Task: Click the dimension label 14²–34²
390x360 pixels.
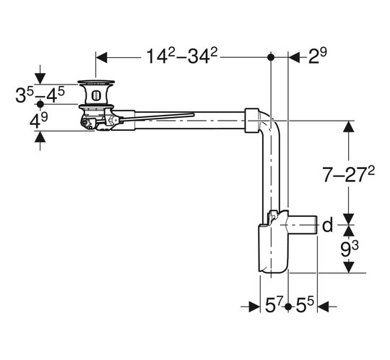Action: point(181,56)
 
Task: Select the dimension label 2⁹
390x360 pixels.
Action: point(318,56)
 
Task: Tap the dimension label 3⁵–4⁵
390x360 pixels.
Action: point(40,95)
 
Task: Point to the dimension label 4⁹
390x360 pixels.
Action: point(38,121)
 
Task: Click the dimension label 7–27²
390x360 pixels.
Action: point(349,173)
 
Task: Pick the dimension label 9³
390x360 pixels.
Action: point(350,249)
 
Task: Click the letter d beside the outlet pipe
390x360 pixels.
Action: point(327,225)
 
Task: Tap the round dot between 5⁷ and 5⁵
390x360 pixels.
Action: point(288,307)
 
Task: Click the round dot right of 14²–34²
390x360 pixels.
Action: point(271,57)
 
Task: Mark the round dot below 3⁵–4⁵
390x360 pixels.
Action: point(40,104)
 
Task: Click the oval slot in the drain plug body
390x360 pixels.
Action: point(96,95)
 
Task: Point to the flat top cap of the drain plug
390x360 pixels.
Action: point(96,82)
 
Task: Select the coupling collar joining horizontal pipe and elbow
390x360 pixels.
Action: point(251,121)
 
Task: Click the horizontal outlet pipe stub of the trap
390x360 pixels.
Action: point(303,225)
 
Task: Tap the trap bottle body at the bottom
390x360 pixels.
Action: point(273,248)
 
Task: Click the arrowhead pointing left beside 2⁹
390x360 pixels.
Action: point(295,58)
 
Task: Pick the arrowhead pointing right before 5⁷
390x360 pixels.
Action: point(254,307)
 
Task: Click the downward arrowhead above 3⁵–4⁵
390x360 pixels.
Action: point(40,79)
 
